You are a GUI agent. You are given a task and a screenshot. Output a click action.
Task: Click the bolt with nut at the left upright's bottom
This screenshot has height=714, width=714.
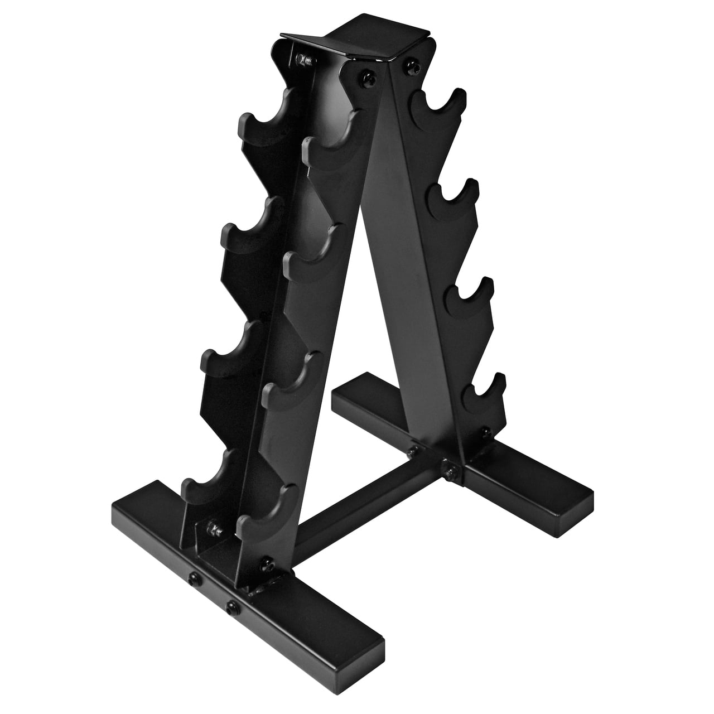[x=214, y=529]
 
